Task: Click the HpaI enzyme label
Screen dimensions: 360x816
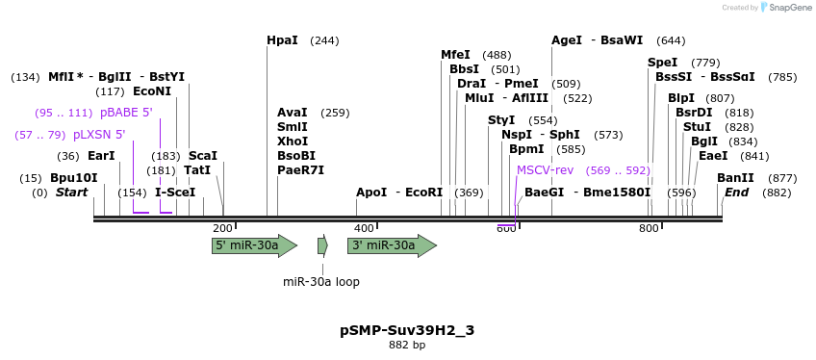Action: pyautogui.click(x=282, y=40)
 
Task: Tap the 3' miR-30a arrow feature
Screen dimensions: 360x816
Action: pyautogui.click(x=391, y=245)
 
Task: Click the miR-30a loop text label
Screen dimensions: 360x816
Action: pyautogui.click(x=321, y=282)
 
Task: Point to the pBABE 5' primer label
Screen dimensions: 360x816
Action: pyautogui.click(x=126, y=113)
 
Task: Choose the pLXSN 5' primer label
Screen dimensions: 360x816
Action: pyautogui.click(x=99, y=135)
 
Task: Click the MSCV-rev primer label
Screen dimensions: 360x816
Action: pyautogui.click(x=545, y=170)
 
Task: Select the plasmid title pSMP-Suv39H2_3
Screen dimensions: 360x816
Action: pyautogui.click(x=407, y=330)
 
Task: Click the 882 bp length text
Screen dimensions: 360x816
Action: pyautogui.click(x=407, y=345)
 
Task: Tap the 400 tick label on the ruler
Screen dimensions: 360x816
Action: pyautogui.click(x=364, y=228)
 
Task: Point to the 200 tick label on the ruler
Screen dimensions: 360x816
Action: pyautogui.click(x=222, y=228)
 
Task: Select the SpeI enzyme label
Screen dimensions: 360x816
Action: pyautogui.click(x=663, y=63)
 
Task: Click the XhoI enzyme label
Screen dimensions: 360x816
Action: pyautogui.click(x=292, y=141)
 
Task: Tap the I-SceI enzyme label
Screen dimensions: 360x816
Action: pyautogui.click(x=175, y=193)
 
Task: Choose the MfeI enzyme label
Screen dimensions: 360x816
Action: pyautogui.click(x=455, y=55)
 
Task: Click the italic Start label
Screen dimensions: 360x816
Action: pyautogui.click(x=71, y=193)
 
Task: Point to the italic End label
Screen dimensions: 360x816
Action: pyautogui.click(x=736, y=193)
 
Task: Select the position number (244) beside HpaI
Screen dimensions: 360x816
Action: pyautogui.click(x=325, y=40)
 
